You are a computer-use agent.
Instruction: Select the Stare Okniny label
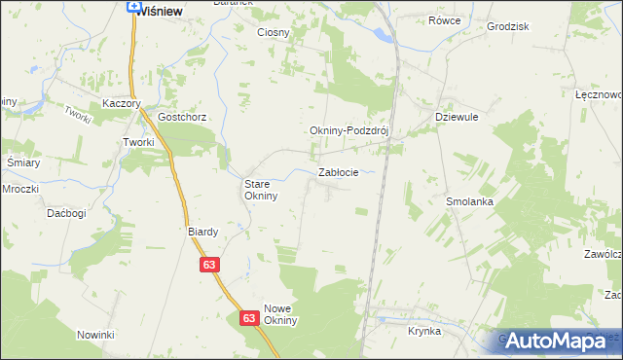(261, 189)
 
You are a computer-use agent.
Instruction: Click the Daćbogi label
(67, 212)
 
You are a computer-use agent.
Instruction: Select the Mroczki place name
(19, 188)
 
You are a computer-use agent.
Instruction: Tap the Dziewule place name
(453, 116)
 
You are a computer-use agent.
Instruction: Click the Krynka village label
(424, 331)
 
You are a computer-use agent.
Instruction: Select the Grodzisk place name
(506, 26)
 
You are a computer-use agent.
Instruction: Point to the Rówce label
(444, 19)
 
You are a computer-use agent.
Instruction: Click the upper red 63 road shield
(211, 265)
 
